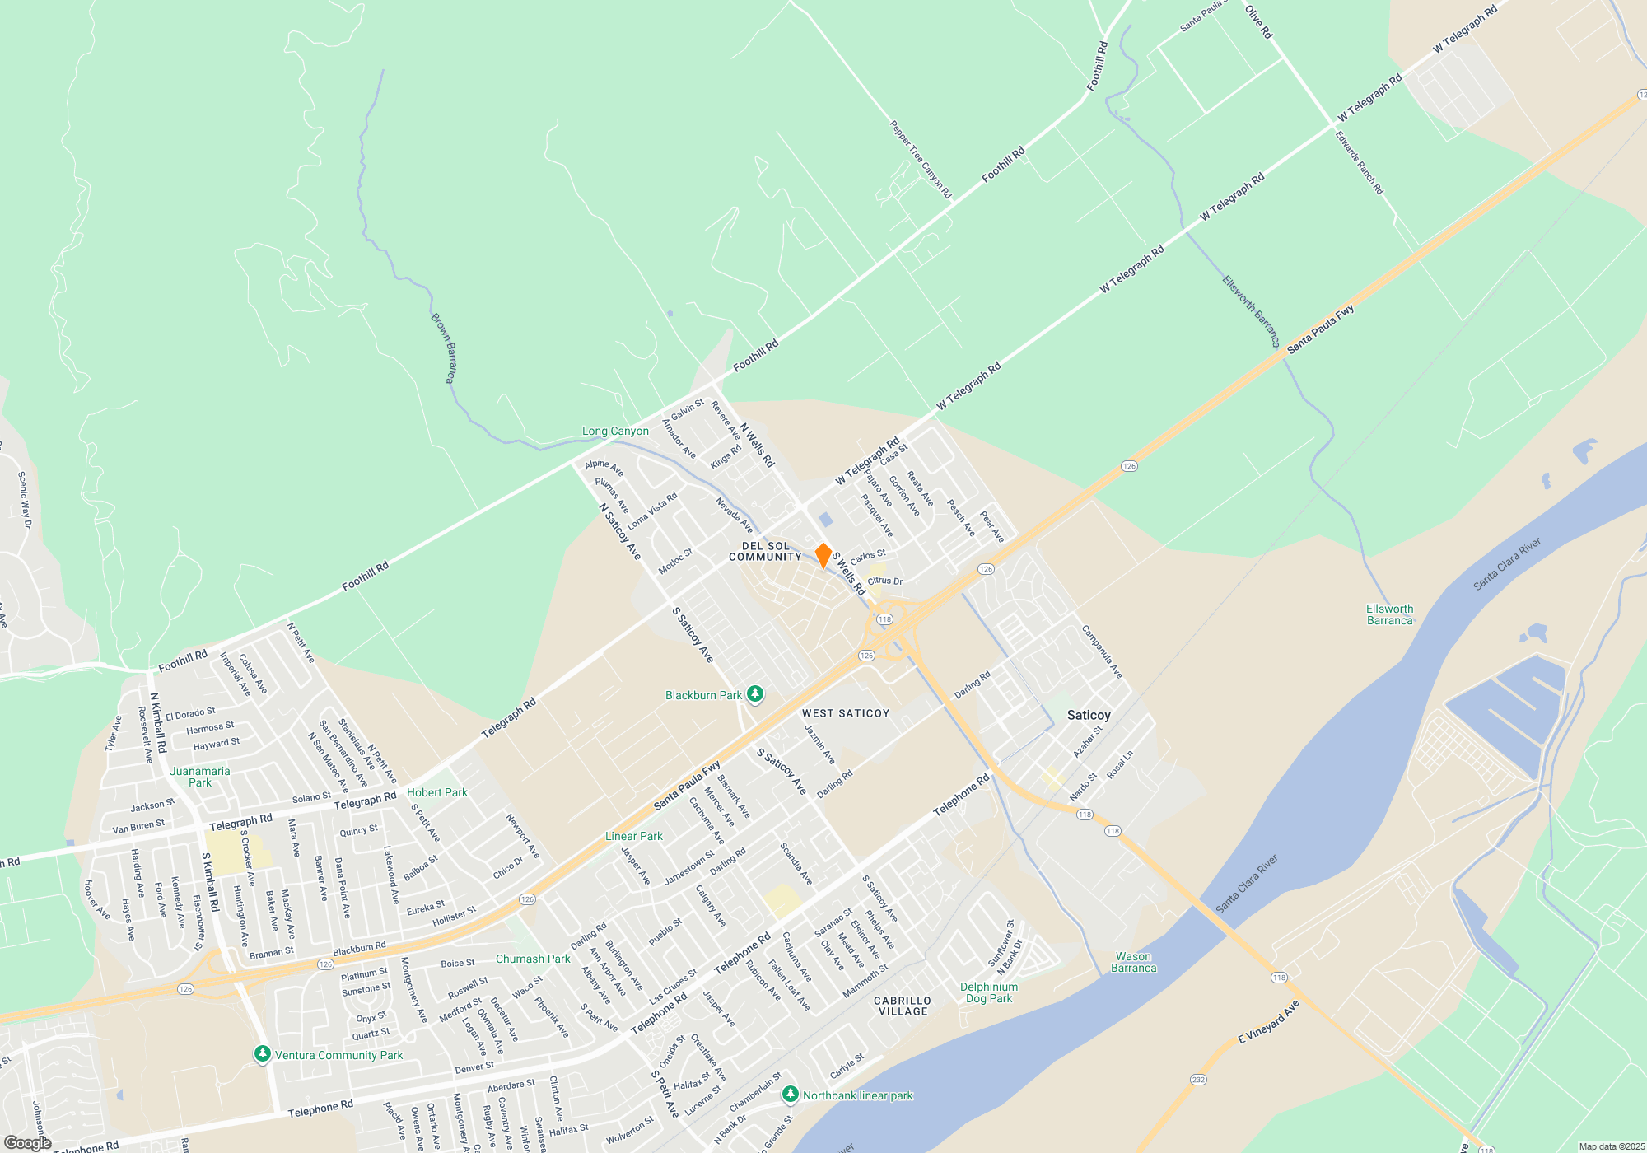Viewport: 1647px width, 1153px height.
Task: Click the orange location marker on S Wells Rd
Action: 823,555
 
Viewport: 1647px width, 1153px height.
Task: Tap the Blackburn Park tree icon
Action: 754,695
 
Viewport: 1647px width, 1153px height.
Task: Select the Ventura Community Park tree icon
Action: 263,1054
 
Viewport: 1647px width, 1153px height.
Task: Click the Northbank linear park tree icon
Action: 791,1095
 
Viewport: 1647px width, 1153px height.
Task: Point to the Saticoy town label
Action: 1089,715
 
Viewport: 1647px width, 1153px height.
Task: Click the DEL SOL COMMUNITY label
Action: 765,552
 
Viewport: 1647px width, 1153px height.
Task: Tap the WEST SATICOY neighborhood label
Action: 846,713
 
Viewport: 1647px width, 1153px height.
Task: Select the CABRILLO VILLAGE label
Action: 903,1006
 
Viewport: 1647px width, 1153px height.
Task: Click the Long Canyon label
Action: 615,431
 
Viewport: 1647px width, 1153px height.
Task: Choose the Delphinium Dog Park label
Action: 989,992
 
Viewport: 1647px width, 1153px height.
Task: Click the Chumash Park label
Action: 533,959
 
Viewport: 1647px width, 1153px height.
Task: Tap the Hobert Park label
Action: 436,792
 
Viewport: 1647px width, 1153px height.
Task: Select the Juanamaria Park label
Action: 200,777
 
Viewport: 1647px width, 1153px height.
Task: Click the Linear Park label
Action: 634,836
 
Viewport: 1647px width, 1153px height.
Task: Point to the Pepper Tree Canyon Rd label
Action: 921,160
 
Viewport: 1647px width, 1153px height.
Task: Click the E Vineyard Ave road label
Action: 1268,1022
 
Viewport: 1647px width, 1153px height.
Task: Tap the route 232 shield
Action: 1198,1079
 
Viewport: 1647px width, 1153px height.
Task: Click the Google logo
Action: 27,1143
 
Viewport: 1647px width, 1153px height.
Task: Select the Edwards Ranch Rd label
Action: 1360,162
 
